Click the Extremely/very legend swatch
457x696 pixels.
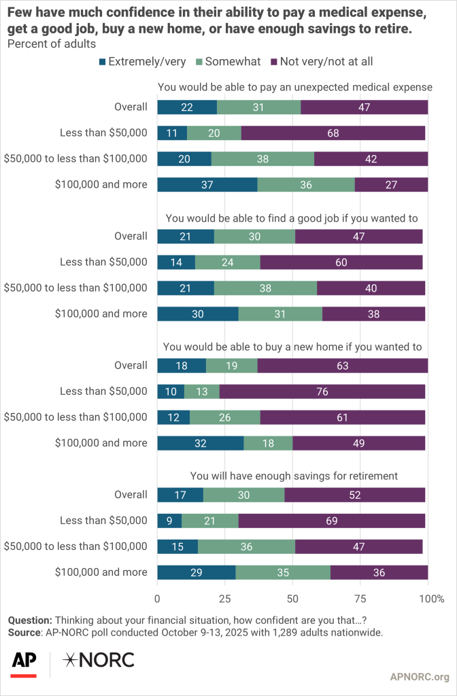(103, 62)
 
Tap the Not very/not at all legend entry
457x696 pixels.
(321, 62)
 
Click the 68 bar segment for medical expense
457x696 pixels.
(333, 133)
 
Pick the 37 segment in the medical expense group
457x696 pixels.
(207, 184)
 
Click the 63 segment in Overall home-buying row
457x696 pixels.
(342, 365)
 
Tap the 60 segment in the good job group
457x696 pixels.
(341, 262)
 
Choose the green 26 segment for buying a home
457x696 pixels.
(224, 417)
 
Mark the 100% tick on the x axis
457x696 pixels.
(432, 599)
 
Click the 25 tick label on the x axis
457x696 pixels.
(224, 599)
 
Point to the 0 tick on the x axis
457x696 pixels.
(158, 599)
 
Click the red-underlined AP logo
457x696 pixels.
(24, 661)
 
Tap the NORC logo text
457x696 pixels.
(99, 659)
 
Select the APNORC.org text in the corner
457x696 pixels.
(420, 676)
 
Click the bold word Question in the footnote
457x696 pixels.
(29, 620)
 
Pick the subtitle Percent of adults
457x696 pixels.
(51, 43)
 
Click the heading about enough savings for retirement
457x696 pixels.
(294, 475)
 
